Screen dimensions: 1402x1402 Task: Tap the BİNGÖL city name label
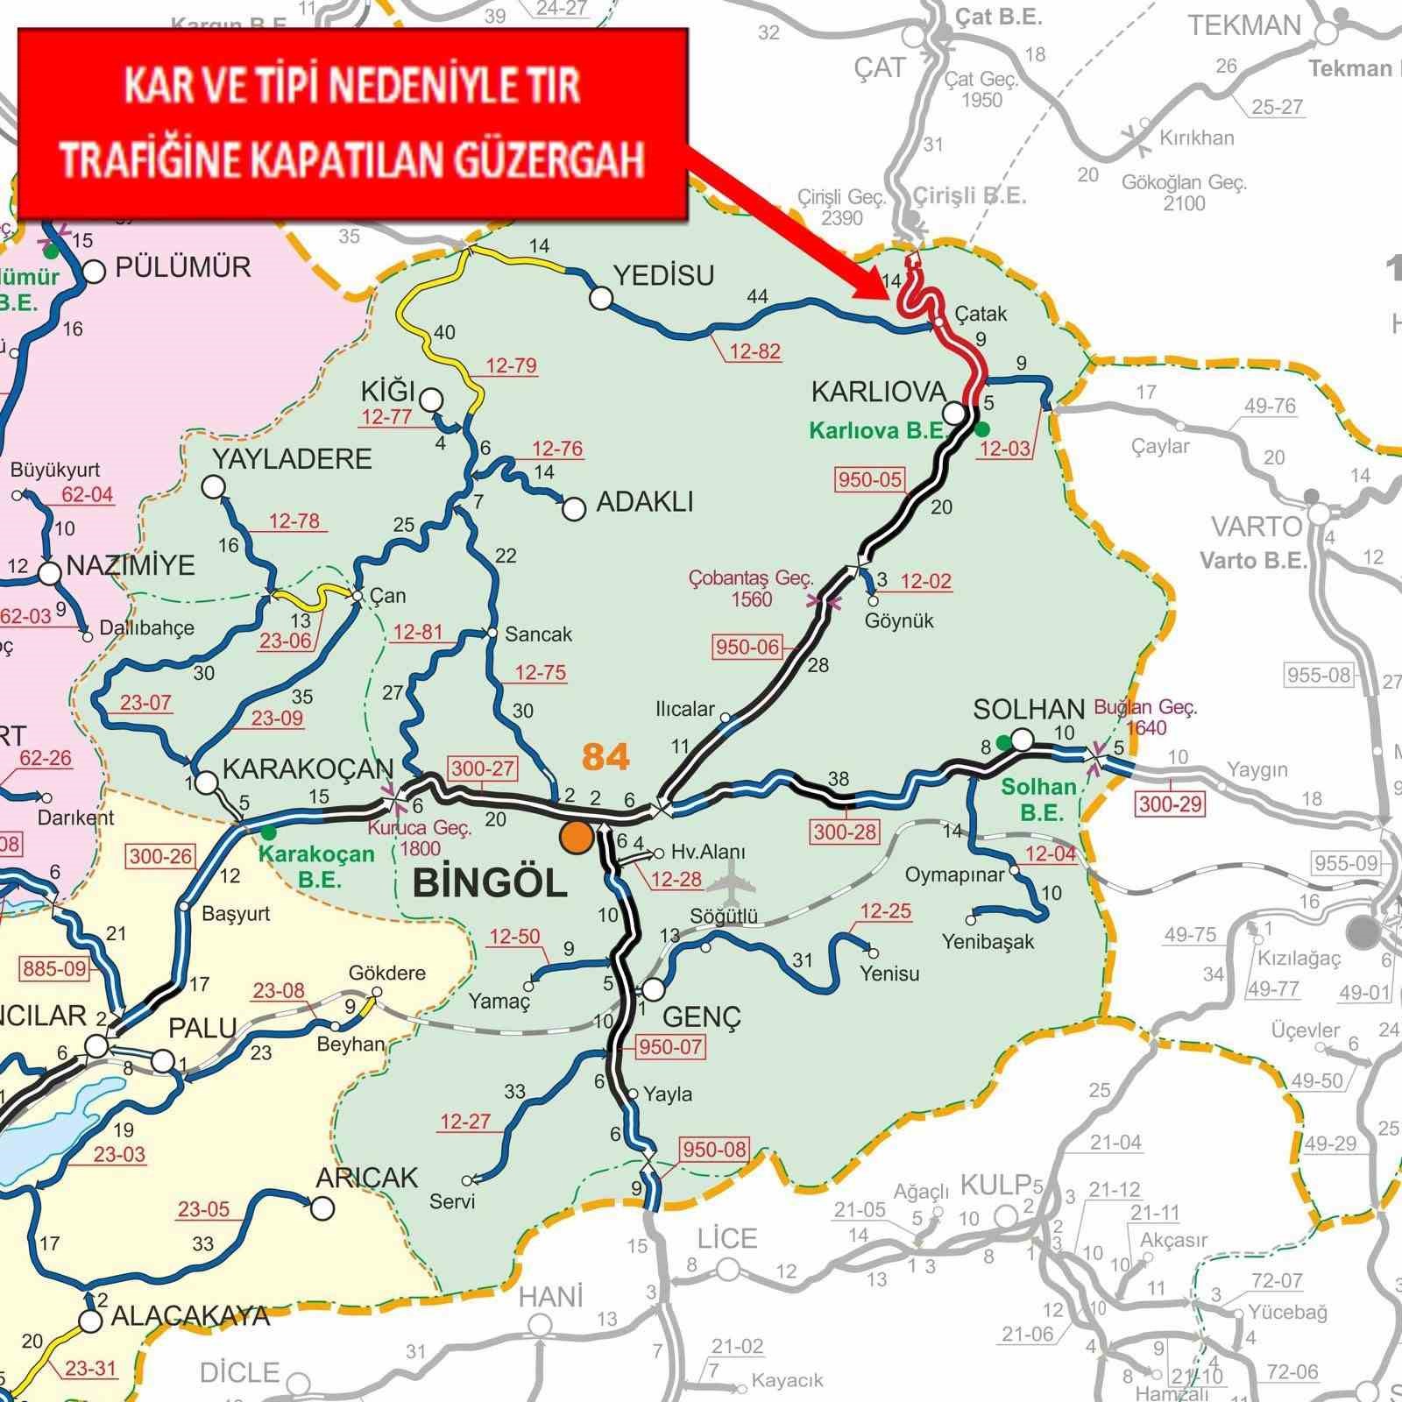tap(491, 882)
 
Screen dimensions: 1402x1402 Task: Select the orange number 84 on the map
tap(605, 756)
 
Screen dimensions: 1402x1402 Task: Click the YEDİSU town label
tap(663, 276)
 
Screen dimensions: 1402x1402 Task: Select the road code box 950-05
tap(870, 479)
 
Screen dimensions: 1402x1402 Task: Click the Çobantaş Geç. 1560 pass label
tap(751, 589)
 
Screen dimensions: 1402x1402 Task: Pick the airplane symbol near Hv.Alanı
tap(730, 883)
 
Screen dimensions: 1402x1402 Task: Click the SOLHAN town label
tap(1029, 709)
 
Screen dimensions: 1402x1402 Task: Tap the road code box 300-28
tap(845, 832)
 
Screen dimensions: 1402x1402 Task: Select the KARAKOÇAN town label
tap(308, 769)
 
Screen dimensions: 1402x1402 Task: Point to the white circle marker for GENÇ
tap(654, 989)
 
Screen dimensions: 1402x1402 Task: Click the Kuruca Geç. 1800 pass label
tap(420, 838)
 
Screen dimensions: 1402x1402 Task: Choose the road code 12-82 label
tap(754, 351)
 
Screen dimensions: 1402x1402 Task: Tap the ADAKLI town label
tap(644, 502)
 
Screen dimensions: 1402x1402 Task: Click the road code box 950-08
tap(714, 1149)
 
